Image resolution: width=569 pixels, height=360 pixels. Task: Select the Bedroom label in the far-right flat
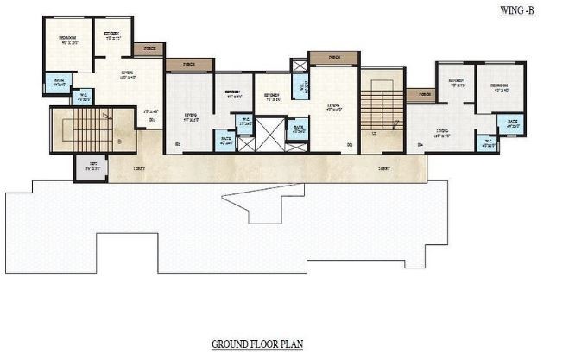click(499, 86)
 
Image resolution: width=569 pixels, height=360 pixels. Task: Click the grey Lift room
click(92, 166)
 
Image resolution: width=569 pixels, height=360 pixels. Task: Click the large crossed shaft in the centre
click(269, 137)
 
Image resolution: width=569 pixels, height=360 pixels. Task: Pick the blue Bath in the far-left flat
click(60, 84)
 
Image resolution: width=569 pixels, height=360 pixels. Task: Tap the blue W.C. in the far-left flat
click(85, 98)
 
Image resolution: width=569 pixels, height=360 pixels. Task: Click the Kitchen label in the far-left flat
click(112, 35)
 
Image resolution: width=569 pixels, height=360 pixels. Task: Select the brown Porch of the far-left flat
click(151, 50)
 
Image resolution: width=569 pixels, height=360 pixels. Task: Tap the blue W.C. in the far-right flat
click(488, 142)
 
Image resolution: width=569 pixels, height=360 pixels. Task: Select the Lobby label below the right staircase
click(383, 168)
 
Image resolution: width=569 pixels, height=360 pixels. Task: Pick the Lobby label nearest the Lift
click(139, 167)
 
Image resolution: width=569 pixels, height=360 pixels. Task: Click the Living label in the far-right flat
click(439, 133)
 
